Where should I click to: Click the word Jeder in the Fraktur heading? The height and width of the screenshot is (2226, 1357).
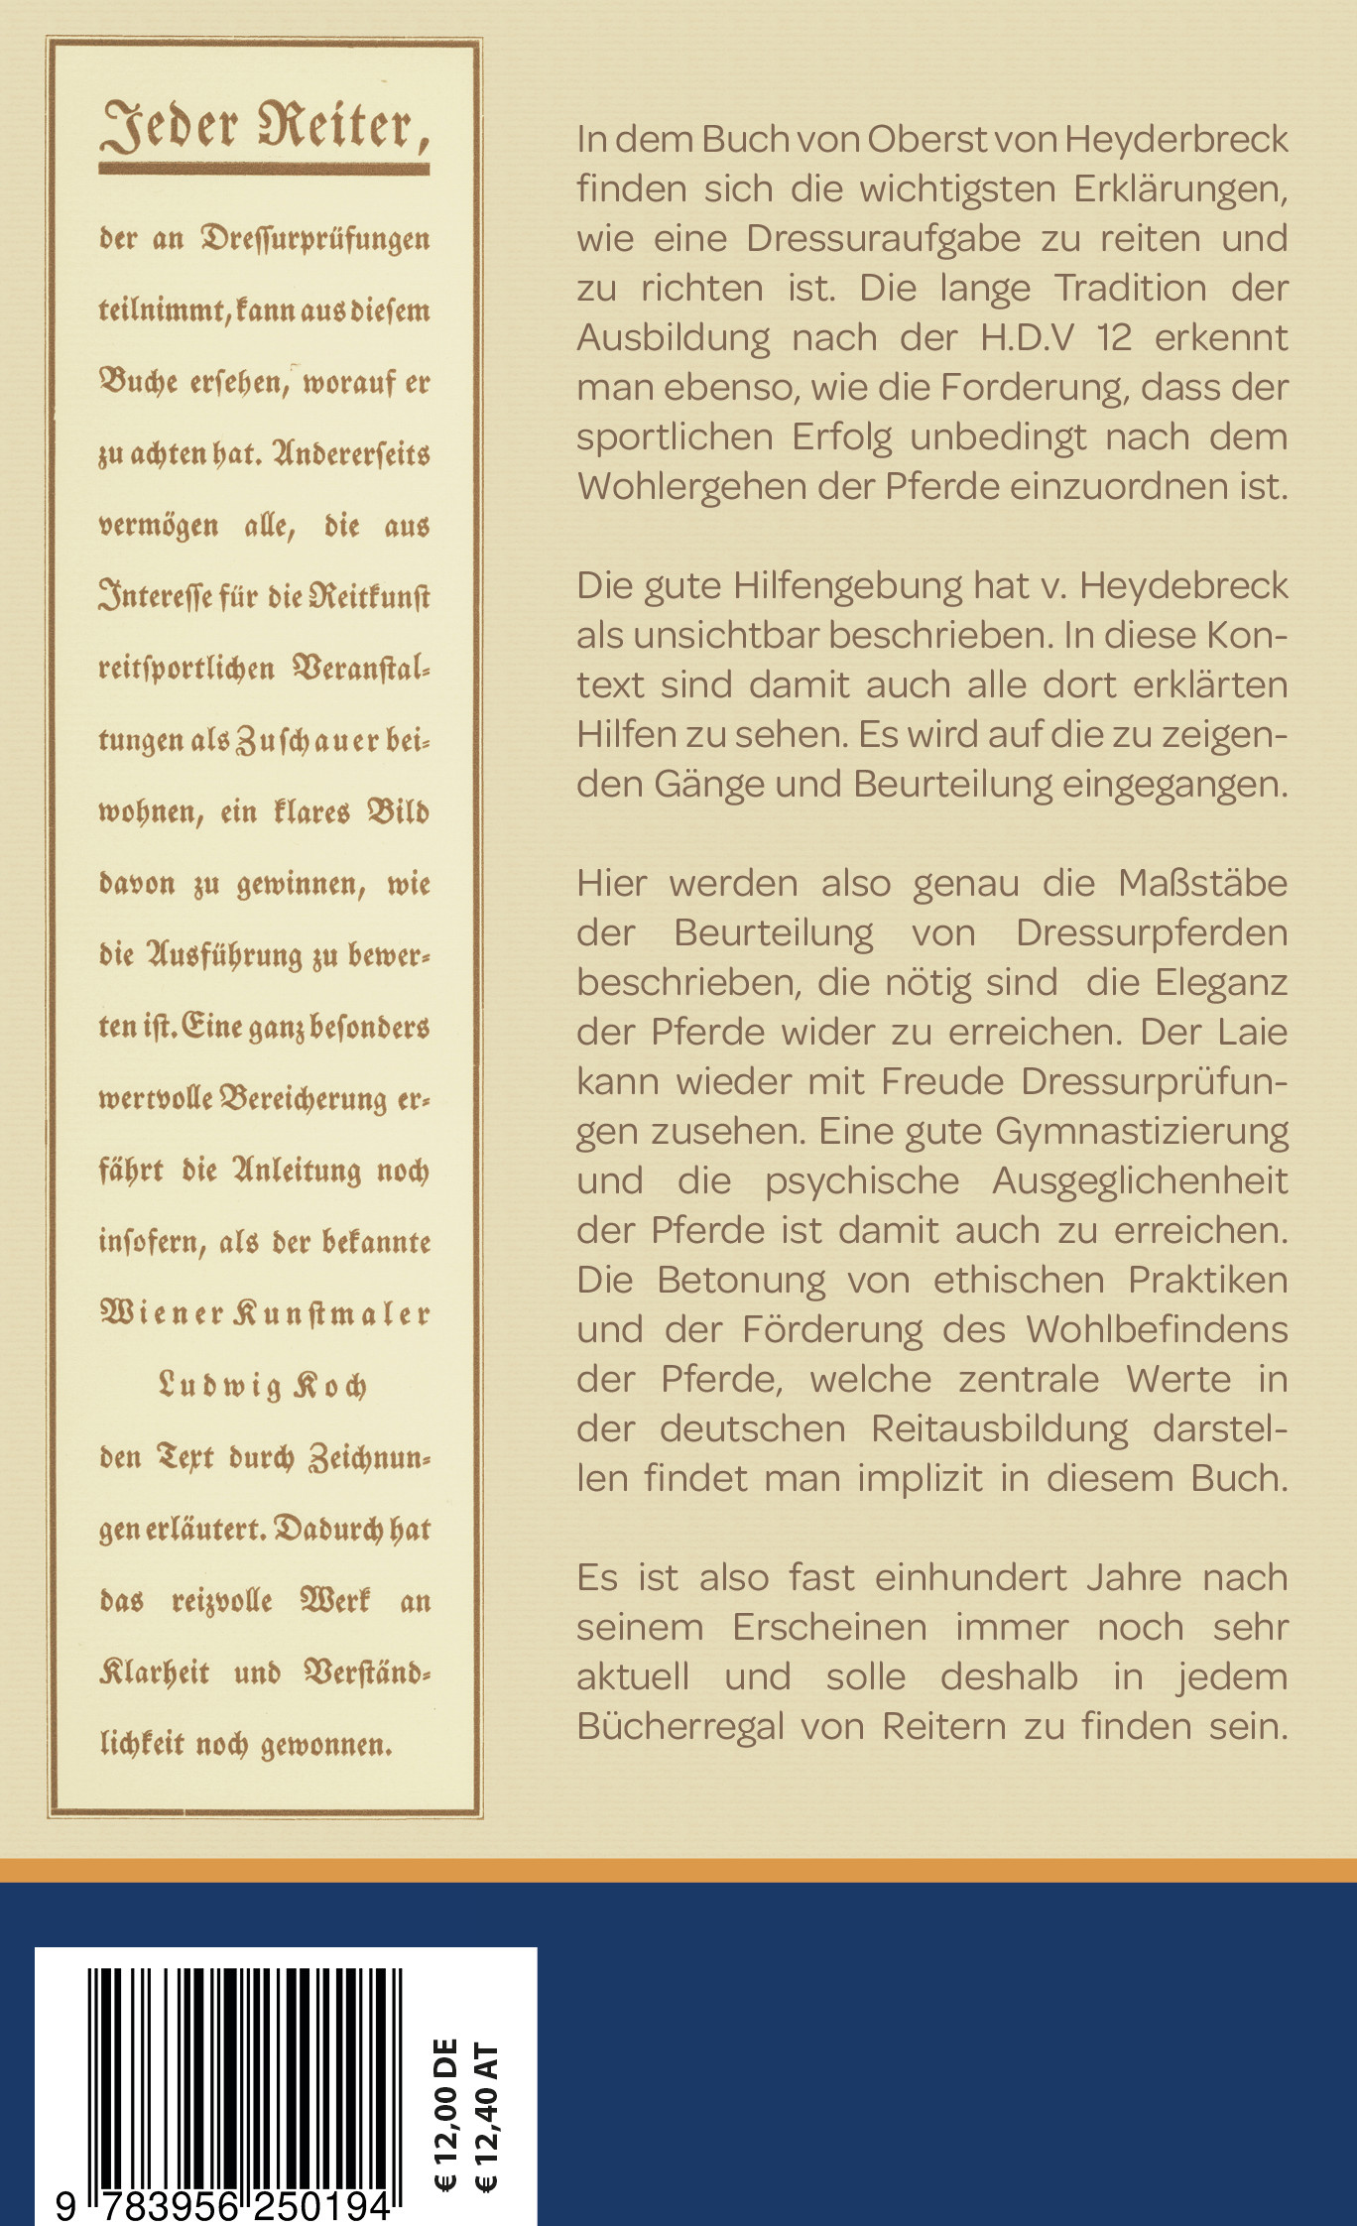click(x=170, y=126)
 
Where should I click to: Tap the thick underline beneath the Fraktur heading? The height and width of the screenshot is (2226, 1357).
click(x=264, y=170)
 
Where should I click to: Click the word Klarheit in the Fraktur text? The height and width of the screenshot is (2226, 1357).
click(x=155, y=1671)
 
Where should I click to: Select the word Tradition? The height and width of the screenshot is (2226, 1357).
click(x=1130, y=289)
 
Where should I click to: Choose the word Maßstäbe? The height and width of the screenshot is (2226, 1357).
click(x=1202, y=883)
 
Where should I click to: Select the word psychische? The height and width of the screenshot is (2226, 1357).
click(x=862, y=1180)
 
